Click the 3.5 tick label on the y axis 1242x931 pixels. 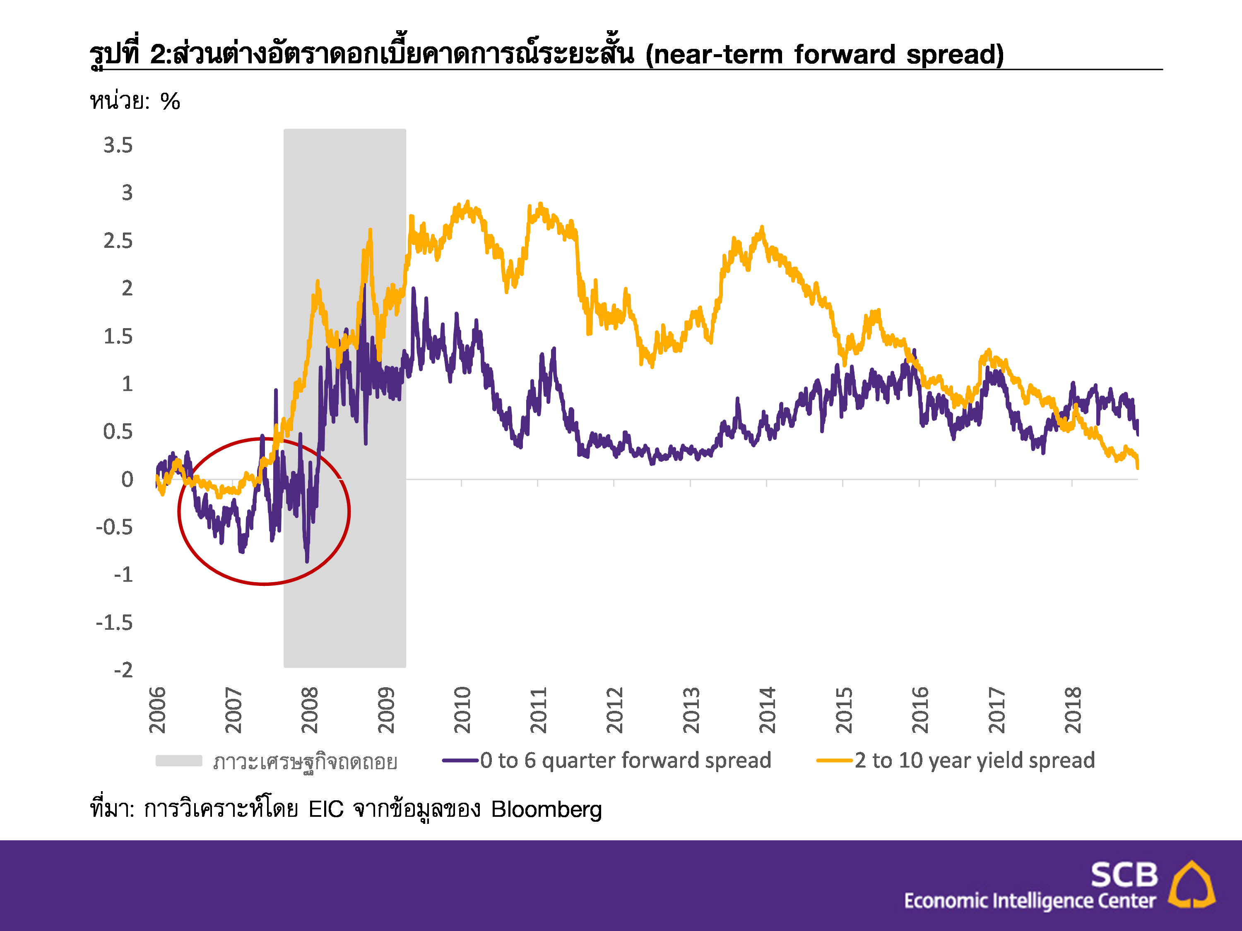coord(118,145)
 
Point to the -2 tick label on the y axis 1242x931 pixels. coord(123,670)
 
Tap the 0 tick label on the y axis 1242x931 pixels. coord(128,479)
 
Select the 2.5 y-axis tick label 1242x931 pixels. coord(118,241)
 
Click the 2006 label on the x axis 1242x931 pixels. coord(158,710)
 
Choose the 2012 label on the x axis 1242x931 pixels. coord(615,710)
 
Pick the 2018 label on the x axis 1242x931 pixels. coord(1072,710)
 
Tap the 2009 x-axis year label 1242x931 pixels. coord(386,710)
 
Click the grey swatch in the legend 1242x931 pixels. coord(178,761)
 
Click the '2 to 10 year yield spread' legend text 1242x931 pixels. coord(975,761)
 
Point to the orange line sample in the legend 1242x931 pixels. coord(834,761)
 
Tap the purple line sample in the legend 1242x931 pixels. coord(460,761)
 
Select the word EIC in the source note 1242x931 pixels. coord(326,810)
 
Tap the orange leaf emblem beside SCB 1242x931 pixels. coord(1191,885)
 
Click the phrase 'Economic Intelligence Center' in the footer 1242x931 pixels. coord(1030,901)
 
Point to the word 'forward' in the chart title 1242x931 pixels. coord(845,55)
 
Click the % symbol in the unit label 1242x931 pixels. coord(170,101)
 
